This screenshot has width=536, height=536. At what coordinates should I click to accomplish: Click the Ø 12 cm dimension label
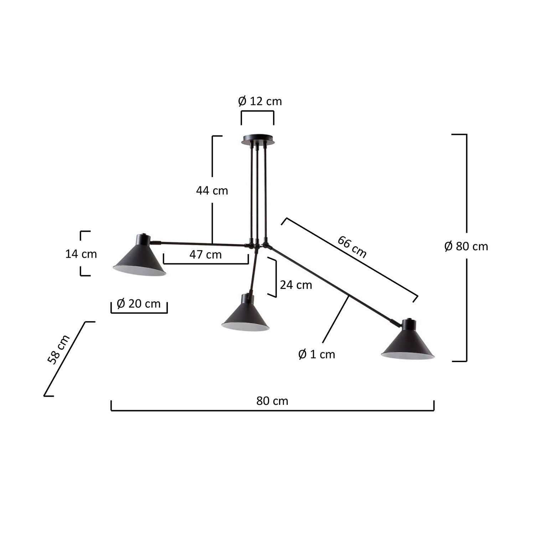(260, 102)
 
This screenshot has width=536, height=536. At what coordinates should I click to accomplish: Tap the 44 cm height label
(212, 191)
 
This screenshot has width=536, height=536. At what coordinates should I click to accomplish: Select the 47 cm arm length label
(206, 254)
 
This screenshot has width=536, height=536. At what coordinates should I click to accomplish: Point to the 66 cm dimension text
(352, 247)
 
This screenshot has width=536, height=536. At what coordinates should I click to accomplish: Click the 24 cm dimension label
(296, 285)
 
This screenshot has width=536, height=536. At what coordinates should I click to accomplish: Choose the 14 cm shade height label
(81, 254)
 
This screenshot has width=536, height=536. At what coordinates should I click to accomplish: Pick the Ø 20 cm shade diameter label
(139, 304)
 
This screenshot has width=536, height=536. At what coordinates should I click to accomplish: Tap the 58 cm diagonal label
(58, 350)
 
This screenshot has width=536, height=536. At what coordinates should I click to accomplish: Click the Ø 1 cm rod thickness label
(317, 354)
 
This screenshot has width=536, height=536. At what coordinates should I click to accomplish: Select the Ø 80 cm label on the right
(466, 246)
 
